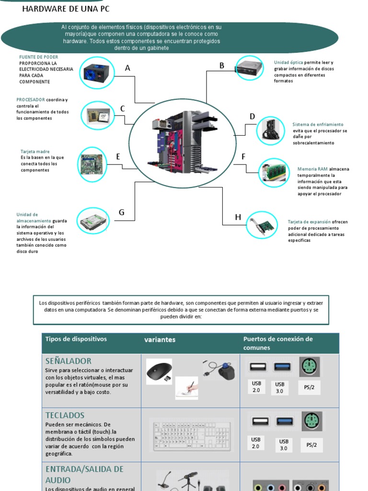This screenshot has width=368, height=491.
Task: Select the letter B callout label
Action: click(222, 66)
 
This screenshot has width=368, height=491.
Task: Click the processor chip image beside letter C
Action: click(98, 115)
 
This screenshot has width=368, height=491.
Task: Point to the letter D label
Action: click(252, 117)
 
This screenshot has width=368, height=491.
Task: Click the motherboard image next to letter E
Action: click(92, 164)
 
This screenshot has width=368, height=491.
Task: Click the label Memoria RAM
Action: click(312, 169)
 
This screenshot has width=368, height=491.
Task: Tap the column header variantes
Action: click(160, 339)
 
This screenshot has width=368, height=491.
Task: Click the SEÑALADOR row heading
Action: click(68, 361)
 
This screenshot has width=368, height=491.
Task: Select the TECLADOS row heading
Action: click(65, 415)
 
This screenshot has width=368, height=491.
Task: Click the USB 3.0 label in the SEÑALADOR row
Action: click(279, 387)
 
